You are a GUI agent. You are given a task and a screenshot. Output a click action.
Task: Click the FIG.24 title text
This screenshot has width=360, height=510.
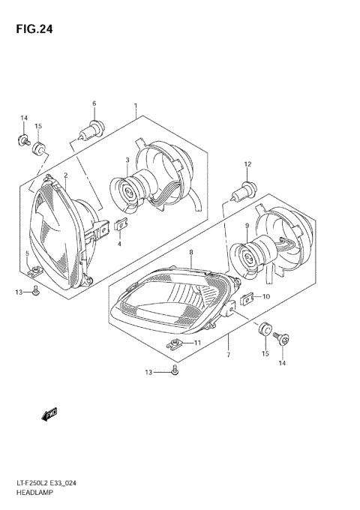(x=31, y=30)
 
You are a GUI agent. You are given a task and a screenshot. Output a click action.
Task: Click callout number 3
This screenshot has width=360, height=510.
(x=127, y=160)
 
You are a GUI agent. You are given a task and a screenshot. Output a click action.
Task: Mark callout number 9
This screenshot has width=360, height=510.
(x=246, y=226)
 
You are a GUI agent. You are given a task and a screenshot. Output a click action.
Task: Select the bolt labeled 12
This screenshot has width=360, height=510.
(x=244, y=190)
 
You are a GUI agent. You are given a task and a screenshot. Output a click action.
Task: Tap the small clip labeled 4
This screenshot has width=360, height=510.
(x=119, y=223)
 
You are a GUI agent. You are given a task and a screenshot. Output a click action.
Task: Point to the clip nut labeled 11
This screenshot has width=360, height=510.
(x=175, y=344)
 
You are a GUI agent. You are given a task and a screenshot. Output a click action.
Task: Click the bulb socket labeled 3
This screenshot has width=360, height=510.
(x=130, y=191)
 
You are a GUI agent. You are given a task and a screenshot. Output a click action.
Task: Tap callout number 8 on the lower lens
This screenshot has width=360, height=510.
(x=191, y=253)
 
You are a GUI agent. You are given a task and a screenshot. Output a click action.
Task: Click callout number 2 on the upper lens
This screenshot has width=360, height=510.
(x=65, y=175)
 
